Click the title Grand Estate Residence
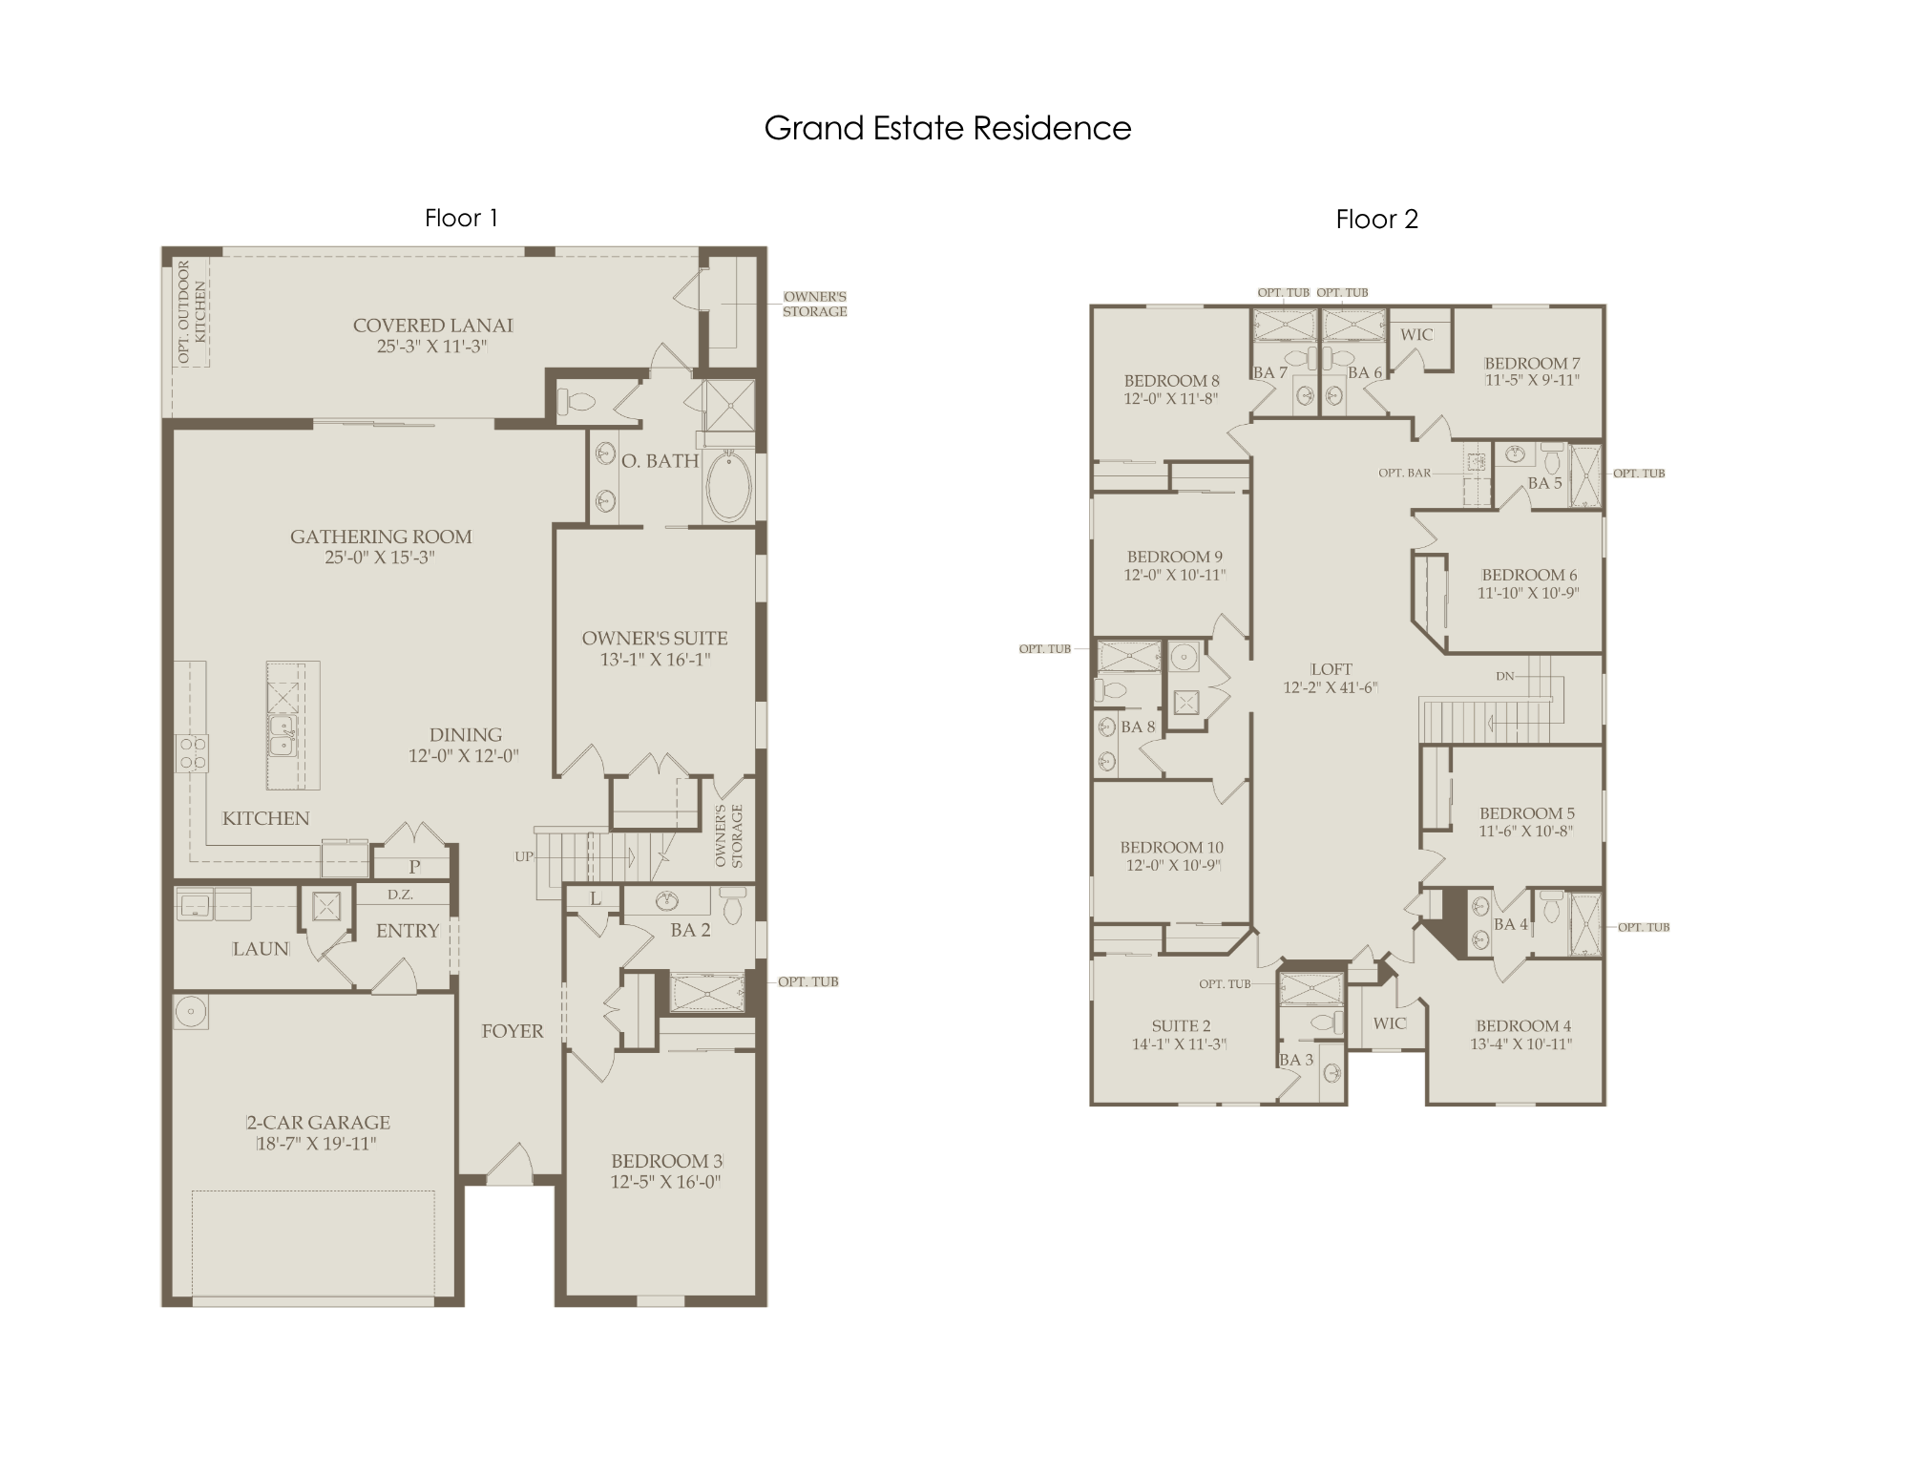coord(948,128)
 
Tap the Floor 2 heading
coord(1376,220)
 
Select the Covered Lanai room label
coord(433,326)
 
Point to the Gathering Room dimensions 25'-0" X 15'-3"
coord(380,558)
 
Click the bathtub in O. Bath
coord(728,486)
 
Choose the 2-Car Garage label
coord(319,1123)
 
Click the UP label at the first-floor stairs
coord(524,856)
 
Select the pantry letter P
coord(414,867)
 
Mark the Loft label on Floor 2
coord(1331,669)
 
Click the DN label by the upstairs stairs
coord(1505,676)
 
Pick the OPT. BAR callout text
coord(1404,473)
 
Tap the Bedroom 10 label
coord(1172,847)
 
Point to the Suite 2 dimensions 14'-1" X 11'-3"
coord(1179,1044)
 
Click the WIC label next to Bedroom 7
coord(1416,334)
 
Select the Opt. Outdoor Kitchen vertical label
coord(192,311)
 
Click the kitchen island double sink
coord(283,736)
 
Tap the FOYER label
coord(513,1031)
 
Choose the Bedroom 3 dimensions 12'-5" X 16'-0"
coord(666,1182)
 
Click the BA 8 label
coord(1138,727)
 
